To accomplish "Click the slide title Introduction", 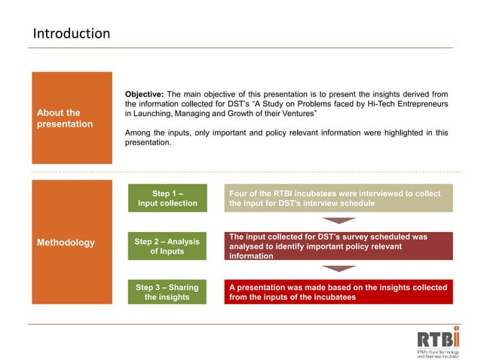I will (72, 34).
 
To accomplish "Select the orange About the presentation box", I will (72, 118).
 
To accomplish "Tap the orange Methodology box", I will (72, 242).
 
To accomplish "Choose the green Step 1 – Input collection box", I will (167, 198).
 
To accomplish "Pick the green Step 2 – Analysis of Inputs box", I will (167, 246).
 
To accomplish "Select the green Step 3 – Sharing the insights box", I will (167, 292).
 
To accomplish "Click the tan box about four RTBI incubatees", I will (339, 198).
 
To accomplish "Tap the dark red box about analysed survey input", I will (339, 246).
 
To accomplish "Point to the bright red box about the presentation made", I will (339, 292).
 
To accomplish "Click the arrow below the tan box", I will (338, 221).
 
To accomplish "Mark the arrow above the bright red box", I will (338, 269).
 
